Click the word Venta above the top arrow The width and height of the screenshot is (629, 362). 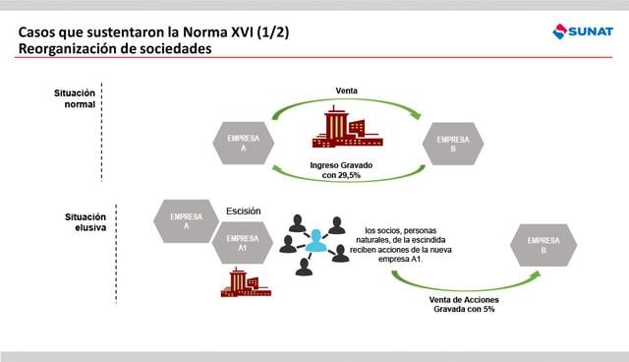(347, 90)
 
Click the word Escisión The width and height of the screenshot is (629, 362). (243, 211)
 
